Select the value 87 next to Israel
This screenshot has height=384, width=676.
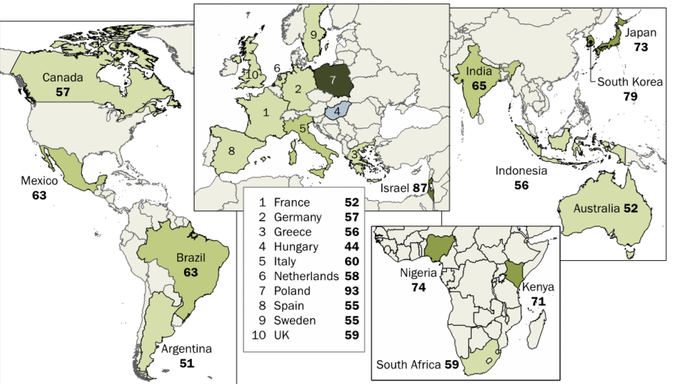click(x=420, y=188)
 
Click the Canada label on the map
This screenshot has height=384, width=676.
click(x=63, y=78)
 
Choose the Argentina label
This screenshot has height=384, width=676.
click(x=186, y=349)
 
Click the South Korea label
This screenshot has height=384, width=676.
click(x=630, y=82)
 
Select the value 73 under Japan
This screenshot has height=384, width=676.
click(x=641, y=47)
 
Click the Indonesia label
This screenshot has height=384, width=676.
click(x=522, y=171)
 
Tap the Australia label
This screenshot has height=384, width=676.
click(x=597, y=208)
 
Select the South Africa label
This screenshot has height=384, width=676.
click(x=408, y=365)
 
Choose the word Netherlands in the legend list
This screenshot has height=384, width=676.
click(x=306, y=276)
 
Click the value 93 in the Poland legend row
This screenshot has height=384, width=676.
click(x=352, y=291)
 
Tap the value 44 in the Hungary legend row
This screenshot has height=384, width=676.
click(x=352, y=247)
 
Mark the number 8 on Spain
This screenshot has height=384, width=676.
click(x=231, y=151)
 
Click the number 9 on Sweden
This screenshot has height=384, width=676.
click(x=314, y=34)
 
